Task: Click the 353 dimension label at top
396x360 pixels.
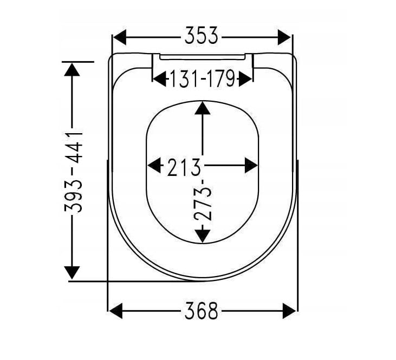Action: tap(202, 37)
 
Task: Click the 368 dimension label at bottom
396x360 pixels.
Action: tap(202, 311)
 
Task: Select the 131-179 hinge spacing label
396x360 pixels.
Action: tap(202, 80)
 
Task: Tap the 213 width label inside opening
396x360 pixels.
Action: tap(184, 166)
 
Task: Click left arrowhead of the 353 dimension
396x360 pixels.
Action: tap(120, 37)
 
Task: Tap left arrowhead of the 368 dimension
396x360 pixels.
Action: tap(116, 311)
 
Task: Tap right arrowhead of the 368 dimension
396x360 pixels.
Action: tap(289, 311)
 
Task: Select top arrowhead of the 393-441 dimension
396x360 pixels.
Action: tap(72, 69)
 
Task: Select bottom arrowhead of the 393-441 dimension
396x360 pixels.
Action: tap(72, 272)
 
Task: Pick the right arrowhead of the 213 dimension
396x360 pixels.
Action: tap(250, 165)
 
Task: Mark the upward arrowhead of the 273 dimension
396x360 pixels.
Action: tap(202, 108)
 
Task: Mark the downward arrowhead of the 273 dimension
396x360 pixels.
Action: tap(202, 235)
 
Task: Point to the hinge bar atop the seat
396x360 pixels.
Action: tap(202, 56)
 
